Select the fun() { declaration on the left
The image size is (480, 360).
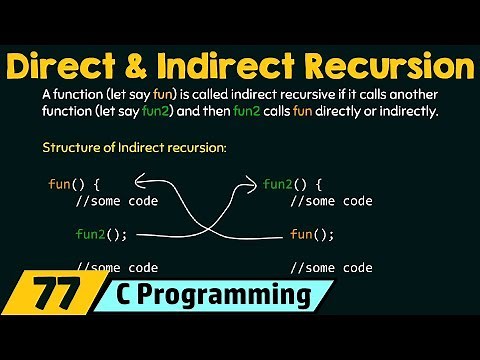pyautogui.click(x=74, y=185)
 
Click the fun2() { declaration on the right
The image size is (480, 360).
pyautogui.click(x=293, y=185)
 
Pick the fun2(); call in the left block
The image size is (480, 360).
pyautogui.click(x=101, y=235)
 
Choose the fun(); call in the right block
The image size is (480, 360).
pyautogui.click(x=311, y=235)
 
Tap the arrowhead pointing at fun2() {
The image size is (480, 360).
pyautogui.click(x=250, y=183)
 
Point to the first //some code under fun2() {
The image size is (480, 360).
pyautogui.click(x=330, y=201)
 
